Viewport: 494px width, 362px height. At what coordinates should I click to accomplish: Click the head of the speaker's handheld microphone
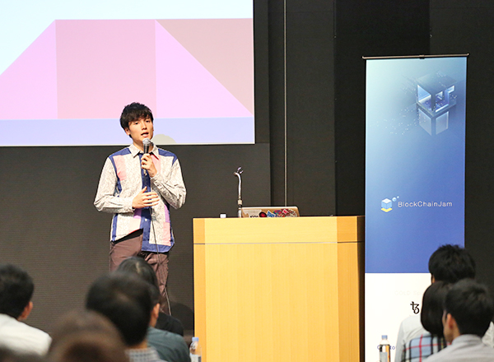(147, 143)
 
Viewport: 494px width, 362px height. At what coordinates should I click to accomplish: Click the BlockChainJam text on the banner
(425, 204)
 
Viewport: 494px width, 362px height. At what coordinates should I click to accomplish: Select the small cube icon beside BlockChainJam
(388, 204)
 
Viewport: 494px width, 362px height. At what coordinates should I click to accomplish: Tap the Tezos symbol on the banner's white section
(415, 307)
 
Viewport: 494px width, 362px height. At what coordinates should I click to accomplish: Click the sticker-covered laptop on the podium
(270, 211)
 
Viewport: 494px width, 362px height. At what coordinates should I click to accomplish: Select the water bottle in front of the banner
(384, 349)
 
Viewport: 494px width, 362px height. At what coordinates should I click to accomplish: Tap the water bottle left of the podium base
(195, 350)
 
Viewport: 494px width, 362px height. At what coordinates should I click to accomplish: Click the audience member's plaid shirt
(422, 349)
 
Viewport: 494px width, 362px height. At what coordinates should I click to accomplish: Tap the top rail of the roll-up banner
(416, 56)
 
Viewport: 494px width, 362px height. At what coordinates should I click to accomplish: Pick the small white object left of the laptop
(223, 216)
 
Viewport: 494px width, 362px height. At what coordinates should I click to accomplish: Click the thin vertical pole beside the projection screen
(285, 103)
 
